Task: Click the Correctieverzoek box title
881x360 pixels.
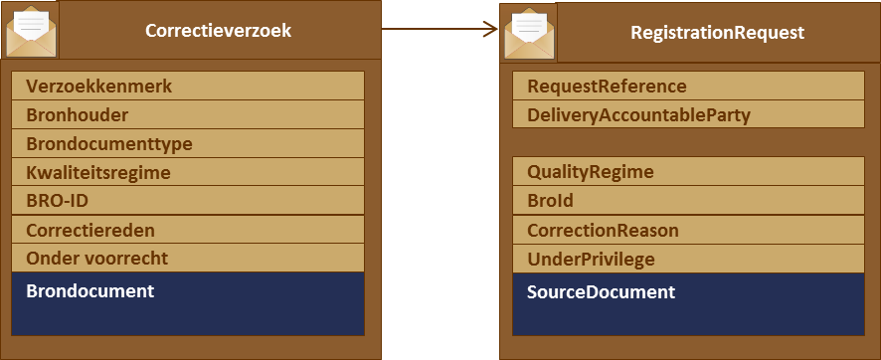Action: [x=218, y=31]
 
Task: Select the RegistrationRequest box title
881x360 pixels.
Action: [x=717, y=33]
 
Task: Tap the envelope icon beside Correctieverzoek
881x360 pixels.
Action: [x=32, y=32]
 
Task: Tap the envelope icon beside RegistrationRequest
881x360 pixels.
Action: [x=529, y=33]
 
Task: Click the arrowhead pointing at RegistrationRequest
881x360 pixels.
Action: [x=489, y=29]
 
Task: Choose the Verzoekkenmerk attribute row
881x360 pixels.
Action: [x=188, y=87]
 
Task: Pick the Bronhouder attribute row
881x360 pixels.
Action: [x=188, y=114]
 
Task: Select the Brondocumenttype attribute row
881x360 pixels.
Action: [x=188, y=143]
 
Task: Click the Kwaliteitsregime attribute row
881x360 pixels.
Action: [x=188, y=172]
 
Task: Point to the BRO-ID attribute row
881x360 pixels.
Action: [x=188, y=201]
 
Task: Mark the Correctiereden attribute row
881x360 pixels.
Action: [x=188, y=230]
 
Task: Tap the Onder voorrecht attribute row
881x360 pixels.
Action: [x=188, y=259]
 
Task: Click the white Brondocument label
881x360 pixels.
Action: [x=90, y=291]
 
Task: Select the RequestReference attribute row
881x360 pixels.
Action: [x=688, y=87]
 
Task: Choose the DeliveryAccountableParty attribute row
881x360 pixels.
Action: [x=688, y=115]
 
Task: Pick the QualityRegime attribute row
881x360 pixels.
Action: [x=688, y=172]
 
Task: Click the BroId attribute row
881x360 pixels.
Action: [x=688, y=201]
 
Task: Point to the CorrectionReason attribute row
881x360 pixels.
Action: [x=688, y=231]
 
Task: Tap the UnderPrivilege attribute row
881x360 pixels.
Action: [x=688, y=260]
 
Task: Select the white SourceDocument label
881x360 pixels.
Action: [x=601, y=292]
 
